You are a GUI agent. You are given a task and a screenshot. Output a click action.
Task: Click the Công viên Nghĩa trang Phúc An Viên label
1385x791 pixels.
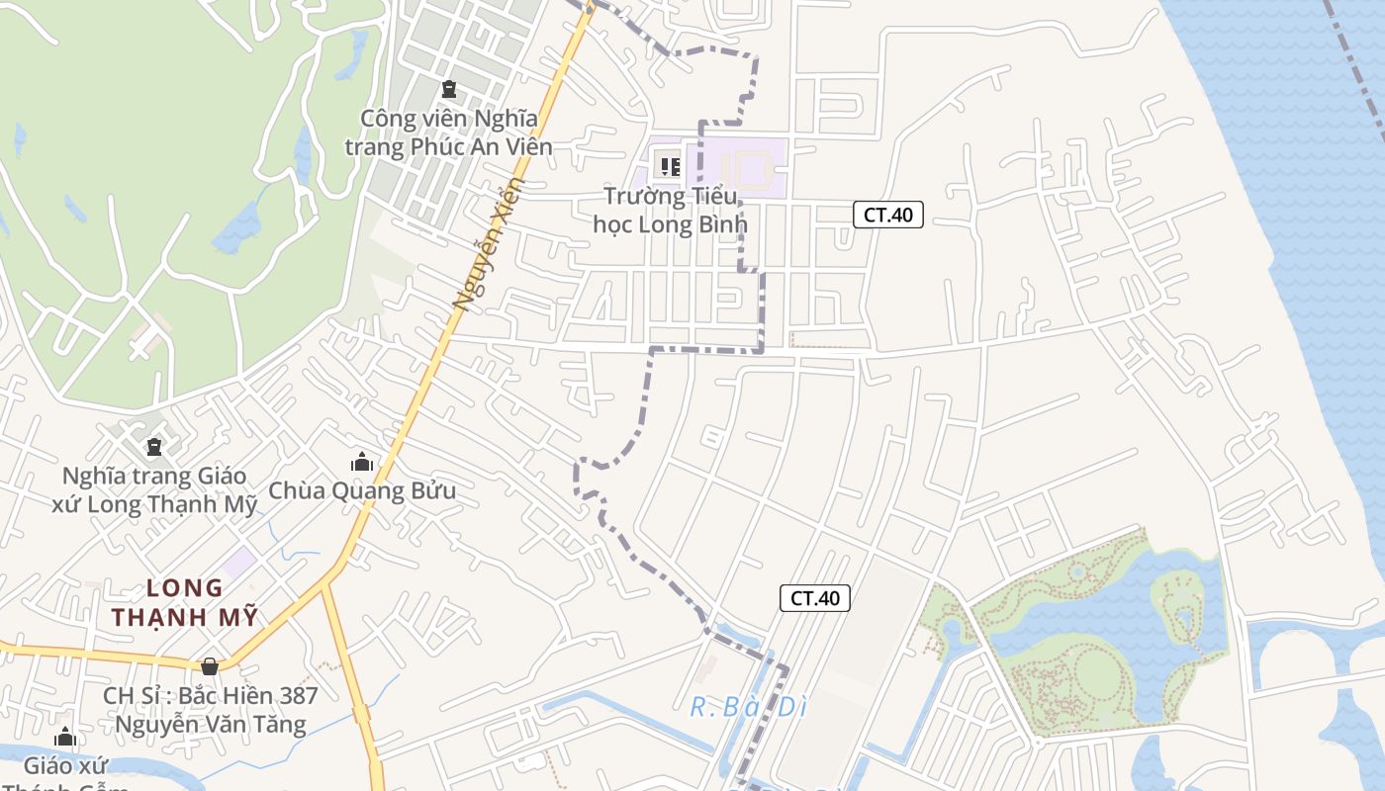click(448, 132)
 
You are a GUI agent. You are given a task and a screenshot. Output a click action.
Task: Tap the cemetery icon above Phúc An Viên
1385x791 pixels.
click(449, 89)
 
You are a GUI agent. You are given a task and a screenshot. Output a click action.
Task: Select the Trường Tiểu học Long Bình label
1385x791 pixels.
click(670, 210)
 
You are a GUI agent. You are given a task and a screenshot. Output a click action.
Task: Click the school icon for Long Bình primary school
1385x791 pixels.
click(671, 167)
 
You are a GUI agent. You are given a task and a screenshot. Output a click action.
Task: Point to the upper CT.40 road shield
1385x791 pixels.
click(887, 215)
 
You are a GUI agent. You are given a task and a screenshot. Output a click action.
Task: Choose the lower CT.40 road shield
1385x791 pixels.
click(815, 597)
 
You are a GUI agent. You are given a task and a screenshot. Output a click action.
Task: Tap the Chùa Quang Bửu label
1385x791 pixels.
click(362, 490)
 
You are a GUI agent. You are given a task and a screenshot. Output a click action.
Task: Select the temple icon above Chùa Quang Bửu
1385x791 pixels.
click(362, 462)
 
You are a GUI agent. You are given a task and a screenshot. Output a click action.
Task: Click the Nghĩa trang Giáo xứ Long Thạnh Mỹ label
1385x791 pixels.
click(154, 489)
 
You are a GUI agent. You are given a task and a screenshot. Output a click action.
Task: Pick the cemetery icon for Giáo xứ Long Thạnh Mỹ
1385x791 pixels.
click(153, 447)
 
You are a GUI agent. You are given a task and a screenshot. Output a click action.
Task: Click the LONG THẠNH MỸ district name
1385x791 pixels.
click(185, 602)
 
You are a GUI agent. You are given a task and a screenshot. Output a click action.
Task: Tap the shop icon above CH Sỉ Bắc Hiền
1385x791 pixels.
click(209, 666)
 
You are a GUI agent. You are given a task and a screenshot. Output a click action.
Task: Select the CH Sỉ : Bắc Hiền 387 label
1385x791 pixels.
click(211, 709)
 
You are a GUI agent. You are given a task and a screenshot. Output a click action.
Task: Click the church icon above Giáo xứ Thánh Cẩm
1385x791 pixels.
click(65, 737)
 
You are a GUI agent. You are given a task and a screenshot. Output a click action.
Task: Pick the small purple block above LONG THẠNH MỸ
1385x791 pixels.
click(238, 563)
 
